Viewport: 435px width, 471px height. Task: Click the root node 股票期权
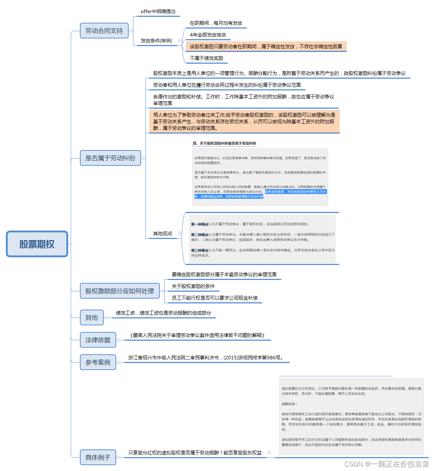(x=37, y=244)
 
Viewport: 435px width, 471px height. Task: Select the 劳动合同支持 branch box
(x=104, y=31)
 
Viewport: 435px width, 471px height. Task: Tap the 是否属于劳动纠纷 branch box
(x=110, y=158)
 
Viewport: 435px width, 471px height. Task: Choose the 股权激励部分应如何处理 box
(x=119, y=291)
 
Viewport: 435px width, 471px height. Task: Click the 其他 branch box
(x=92, y=318)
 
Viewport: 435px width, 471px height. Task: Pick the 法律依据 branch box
(x=98, y=340)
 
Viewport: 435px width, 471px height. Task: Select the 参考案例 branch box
(x=98, y=362)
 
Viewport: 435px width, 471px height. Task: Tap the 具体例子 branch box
(x=98, y=457)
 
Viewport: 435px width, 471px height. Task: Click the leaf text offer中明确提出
(x=158, y=12)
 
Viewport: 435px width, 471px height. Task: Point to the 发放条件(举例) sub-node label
(x=156, y=41)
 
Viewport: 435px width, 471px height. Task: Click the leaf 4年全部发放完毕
(x=208, y=35)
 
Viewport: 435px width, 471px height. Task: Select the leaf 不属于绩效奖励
(x=206, y=58)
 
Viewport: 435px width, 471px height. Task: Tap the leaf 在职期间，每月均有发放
(x=216, y=23)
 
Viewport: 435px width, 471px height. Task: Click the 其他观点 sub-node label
(x=162, y=233)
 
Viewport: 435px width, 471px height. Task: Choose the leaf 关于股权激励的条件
(x=193, y=286)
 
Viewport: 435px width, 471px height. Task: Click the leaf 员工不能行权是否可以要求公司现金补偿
(x=214, y=298)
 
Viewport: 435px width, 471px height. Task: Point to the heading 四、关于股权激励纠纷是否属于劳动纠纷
(x=224, y=143)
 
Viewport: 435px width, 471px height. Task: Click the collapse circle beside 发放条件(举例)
(x=180, y=41)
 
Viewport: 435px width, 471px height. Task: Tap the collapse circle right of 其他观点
(x=180, y=233)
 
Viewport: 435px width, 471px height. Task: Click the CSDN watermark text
(x=387, y=464)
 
